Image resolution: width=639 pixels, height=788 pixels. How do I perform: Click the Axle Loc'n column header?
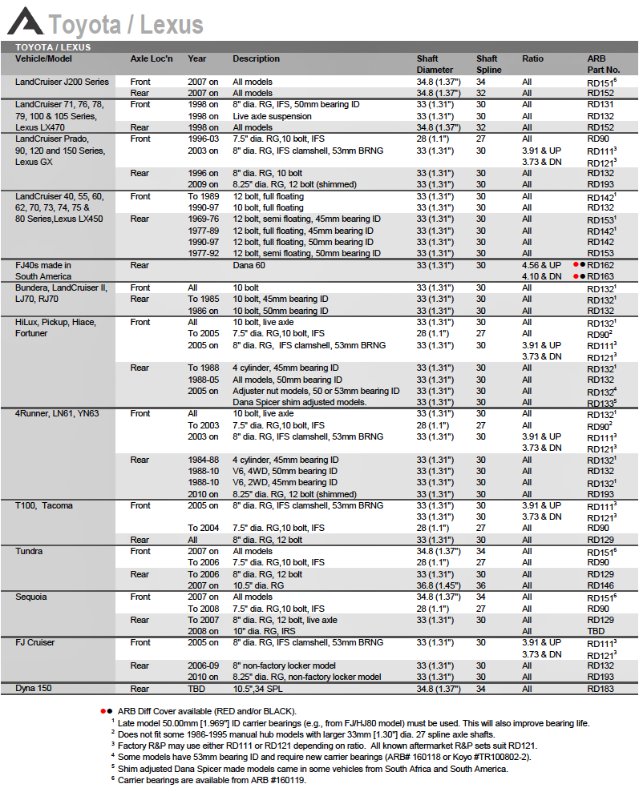(152, 58)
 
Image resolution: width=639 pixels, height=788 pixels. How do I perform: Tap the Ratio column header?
(532, 58)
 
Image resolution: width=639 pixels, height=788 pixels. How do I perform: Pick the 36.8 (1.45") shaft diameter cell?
(438, 585)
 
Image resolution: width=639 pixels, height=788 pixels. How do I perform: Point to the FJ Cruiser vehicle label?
(36, 642)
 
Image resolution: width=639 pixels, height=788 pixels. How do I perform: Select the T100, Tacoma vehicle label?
(43, 505)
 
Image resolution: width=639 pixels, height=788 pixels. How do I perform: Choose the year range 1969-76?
(203, 219)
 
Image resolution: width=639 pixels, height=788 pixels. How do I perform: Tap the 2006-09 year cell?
(203, 665)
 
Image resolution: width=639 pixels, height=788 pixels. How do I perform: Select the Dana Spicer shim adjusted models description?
(300, 402)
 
